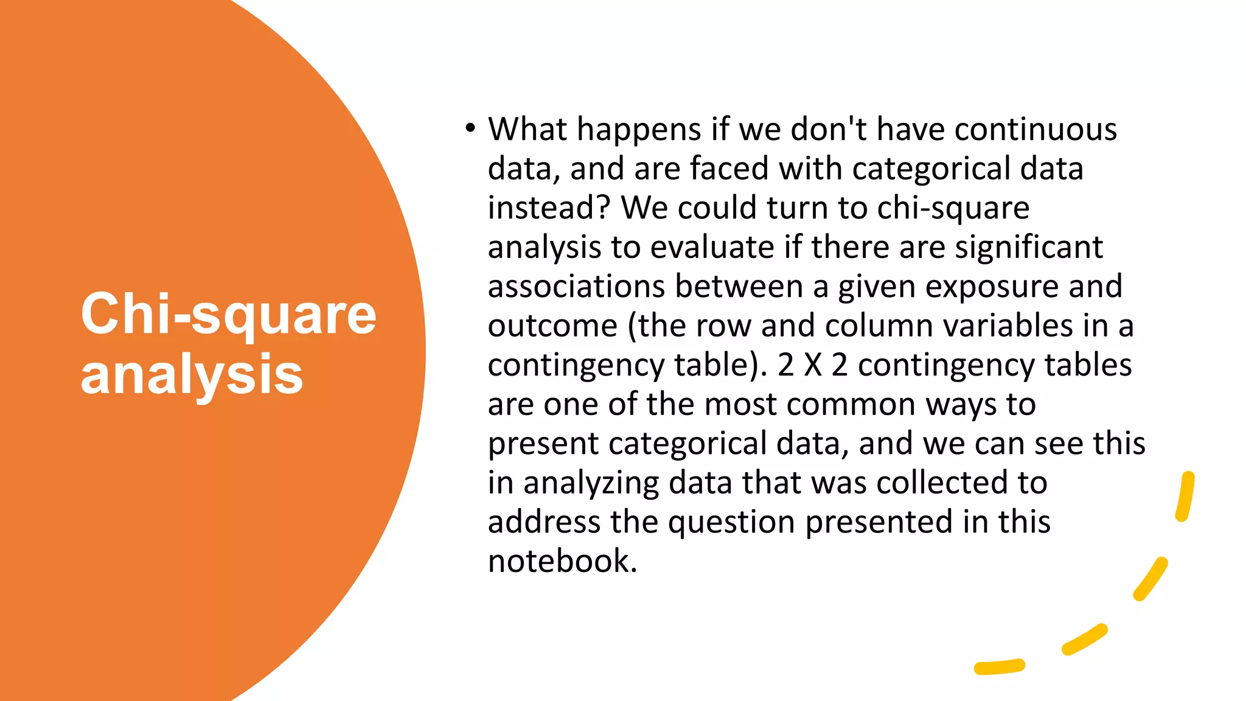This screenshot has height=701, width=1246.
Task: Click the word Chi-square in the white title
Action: tap(228, 315)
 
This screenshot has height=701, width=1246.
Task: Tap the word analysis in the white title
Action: tap(192, 375)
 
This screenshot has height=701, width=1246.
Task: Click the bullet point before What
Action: tap(469, 129)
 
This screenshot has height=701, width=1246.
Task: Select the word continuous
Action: tap(1035, 130)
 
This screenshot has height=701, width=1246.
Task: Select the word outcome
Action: tap(552, 326)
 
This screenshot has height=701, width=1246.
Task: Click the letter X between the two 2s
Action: tap(813, 365)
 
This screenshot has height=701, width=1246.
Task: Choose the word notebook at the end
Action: tap(562, 561)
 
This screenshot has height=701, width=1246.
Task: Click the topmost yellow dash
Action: tap(1185, 496)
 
